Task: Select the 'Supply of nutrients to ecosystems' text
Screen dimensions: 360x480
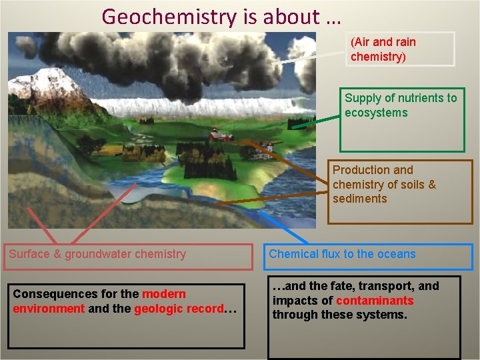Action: (401, 105)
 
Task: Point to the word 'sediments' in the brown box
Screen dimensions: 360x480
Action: (359, 199)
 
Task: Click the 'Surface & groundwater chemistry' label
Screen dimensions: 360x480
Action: (97, 254)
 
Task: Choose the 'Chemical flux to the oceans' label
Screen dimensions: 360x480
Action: (342, 254)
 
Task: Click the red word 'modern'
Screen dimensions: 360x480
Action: (164, 294)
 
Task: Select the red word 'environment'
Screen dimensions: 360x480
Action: (49, 309)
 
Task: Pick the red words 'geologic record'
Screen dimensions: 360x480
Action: (178, 309)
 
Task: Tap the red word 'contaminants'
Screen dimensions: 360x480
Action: (375, 301)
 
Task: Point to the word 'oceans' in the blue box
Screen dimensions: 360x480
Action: (397, 254)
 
